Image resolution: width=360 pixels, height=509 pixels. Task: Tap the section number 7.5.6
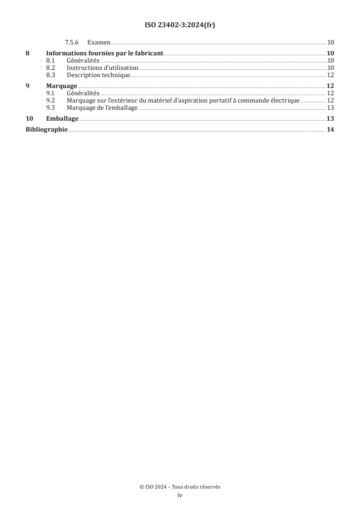coord(72,43)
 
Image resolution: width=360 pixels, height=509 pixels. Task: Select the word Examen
coord(99,43)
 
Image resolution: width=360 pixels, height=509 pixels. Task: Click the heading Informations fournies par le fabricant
coord(105,53)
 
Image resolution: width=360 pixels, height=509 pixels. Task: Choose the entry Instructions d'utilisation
coord(102,68)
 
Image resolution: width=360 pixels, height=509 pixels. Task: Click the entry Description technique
coord(99,75)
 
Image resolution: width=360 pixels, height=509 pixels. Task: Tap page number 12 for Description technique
coord(330,75)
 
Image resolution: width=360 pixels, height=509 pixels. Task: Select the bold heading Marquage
coord(62,86)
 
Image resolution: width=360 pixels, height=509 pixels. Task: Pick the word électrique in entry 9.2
coord(285,100)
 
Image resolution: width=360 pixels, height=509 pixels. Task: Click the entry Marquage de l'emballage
coord(102,108)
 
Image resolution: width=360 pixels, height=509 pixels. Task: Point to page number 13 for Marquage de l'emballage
coord(330,108)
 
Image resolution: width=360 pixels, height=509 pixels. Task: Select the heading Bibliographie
coord(46,130)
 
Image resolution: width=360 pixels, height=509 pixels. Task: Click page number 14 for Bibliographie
coord(330,130)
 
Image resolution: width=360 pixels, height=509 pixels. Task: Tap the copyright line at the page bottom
coord(180,487)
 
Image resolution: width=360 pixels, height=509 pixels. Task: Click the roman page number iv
coord(180,495)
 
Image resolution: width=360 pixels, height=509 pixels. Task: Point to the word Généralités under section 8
coord(83,60)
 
